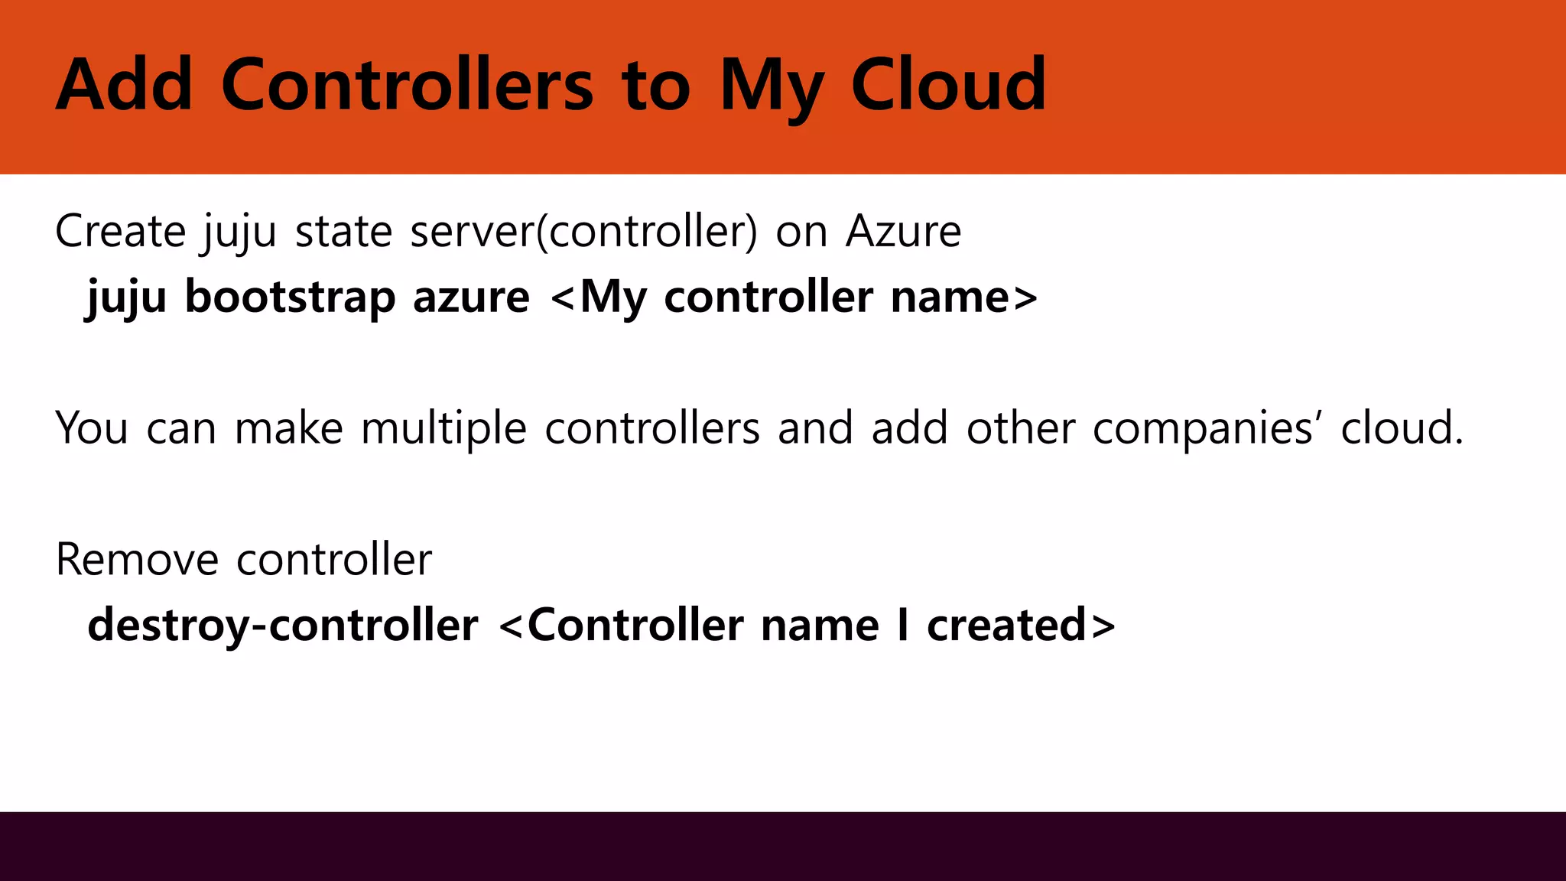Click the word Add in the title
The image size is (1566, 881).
coord(125,85)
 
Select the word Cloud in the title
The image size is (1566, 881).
coord(948,85)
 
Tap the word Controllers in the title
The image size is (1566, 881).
coord(407,85)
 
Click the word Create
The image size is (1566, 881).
coord(121,231)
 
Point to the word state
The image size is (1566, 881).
coord(343,231)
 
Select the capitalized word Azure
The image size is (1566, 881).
coord(903,231)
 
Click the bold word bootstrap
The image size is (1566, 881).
coord(290,297)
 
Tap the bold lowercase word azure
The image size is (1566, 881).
coord(471,297)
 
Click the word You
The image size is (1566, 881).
coord(92,427)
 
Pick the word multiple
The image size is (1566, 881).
coord(443,427)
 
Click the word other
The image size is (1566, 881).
coord(1021,427)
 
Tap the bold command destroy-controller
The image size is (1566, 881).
coord(283,625)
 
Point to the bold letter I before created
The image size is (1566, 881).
coord(903,625)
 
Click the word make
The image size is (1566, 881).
coord(288,427)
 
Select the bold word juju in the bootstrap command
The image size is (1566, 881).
coord(126,298)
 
